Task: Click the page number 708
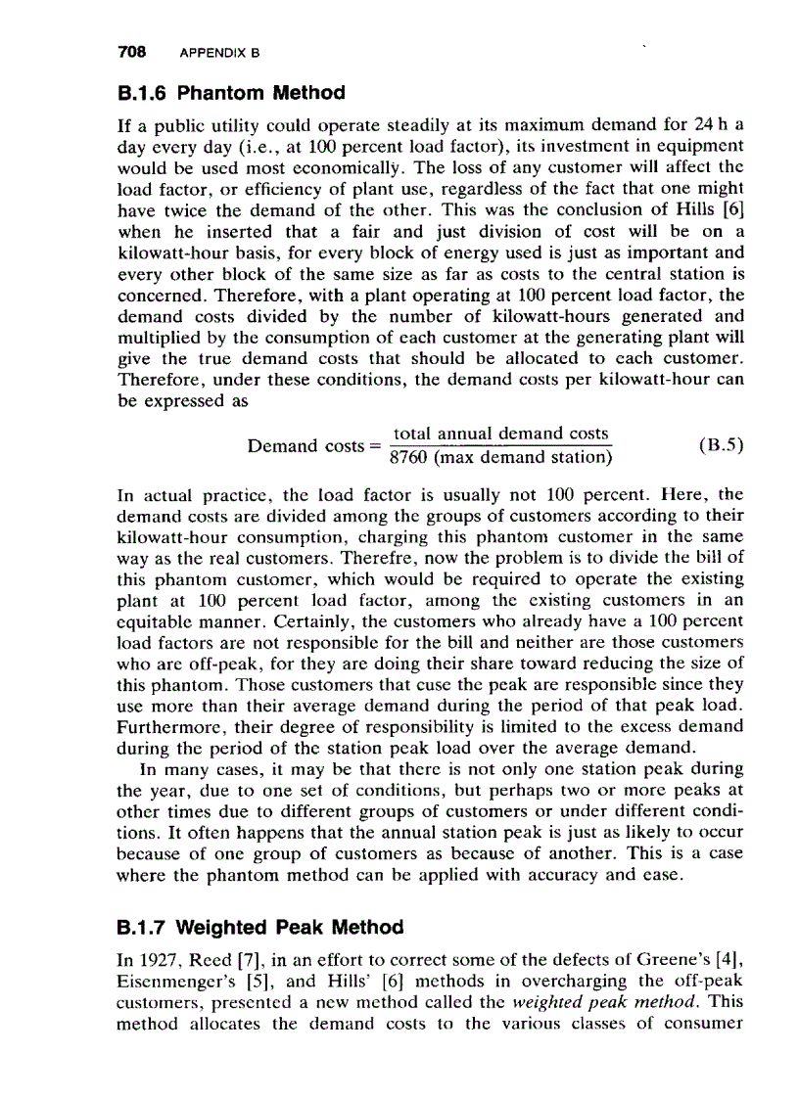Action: point(130,50)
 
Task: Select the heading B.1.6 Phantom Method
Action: point(230,93)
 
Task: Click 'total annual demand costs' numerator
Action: point(500,434)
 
